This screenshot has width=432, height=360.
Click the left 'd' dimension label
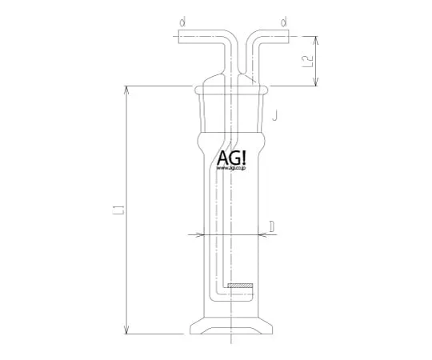click(x=182, y=22)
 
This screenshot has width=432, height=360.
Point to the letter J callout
click(x=274, y=117)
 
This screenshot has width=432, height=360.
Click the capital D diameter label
click(x=272, y=228)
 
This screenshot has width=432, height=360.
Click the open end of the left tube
click(x=173, y=36)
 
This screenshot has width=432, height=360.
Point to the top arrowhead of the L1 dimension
click(x=126, y=87)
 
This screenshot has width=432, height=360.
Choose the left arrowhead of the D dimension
click(x=201, y=235)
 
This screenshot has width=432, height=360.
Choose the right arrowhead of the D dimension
click(x=263, y=235)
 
